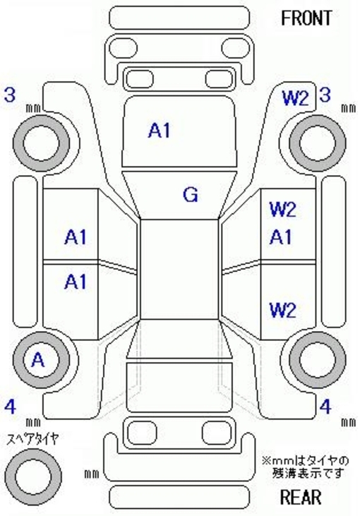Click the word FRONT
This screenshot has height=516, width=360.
pos(306,18)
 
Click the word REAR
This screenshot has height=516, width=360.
pos(301,497)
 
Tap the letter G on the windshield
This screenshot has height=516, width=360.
pos(191,195)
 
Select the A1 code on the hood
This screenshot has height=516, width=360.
pos(160,130)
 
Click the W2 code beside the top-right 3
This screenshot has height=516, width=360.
pos(295,98)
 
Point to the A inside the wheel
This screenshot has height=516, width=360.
pos(38,360)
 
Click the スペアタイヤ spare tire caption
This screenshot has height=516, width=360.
pos(33,439)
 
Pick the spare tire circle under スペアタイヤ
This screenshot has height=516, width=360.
pos(33,476)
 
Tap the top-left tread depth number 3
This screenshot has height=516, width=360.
pos(10,95)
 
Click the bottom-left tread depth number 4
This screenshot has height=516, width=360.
pos(10,407)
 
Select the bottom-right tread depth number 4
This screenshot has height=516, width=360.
pos(325,407)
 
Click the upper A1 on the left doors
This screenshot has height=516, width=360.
pos(76,237)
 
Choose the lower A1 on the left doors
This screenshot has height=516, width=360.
pos(76,282)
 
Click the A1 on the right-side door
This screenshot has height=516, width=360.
pos(281,237)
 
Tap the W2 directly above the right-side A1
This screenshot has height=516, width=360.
pos(283,210)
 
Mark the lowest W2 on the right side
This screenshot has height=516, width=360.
pos(283,310)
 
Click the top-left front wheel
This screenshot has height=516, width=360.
pos(41,143)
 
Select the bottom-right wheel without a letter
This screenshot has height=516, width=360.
pos(318,360)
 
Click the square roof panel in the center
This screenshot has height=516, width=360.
pos(180,269)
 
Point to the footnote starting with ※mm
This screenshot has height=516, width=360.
pos(306,467)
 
